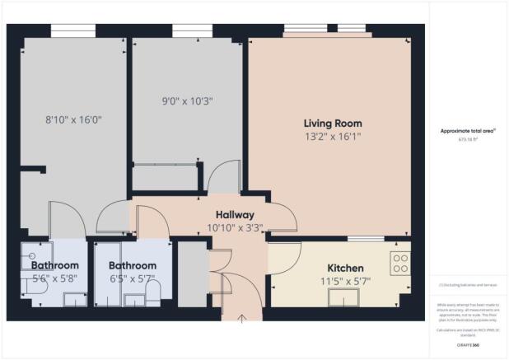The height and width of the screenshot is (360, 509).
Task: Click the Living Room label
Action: point(332,124)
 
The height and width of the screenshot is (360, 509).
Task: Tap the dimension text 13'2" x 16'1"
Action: point(332,137)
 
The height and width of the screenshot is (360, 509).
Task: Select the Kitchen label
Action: point(346,269)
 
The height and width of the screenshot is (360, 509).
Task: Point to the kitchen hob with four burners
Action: point(401,264)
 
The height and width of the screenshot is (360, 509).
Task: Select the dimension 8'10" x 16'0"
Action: point(73,119)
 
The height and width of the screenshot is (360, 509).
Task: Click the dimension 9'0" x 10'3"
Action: point(188,101)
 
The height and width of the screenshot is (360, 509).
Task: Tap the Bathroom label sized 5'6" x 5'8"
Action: point(55,266)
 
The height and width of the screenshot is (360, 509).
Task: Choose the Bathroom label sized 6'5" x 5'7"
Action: point(133,266)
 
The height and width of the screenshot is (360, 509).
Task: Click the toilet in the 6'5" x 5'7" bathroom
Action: point(162,288)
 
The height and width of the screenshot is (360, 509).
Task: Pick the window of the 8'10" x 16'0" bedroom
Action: point(73,30)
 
